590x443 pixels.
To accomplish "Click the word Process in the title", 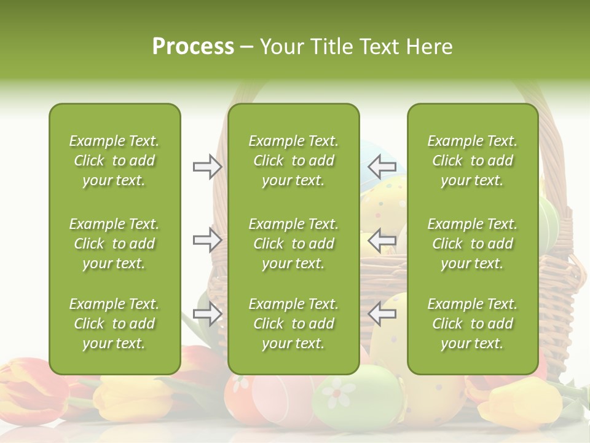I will (x=193, y=47).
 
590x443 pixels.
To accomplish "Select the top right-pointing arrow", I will (x=207, y=166).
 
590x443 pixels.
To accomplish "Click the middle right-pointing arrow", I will (x=207, y=239).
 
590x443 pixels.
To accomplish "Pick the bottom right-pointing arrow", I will (x=207, y=314).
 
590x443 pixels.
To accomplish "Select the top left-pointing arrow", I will (x=382, y=166).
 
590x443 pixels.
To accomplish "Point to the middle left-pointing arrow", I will (x=382, y=239).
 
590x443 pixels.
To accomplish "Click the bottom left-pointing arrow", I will (x=382, y=314).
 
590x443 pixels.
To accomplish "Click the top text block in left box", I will (x=114, y=161).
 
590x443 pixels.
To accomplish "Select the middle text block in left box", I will (x=114, y=244).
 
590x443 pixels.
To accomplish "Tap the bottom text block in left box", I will (x=114, y=324).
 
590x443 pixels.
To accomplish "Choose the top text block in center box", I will (x=293, y=161).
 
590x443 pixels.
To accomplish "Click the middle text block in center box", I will (x=293, y=244).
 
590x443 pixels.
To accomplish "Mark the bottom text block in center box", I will (x=293, y=324).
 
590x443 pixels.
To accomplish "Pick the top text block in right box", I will (x=472, y=161).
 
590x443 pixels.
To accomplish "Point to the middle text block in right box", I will (x=472, y=244).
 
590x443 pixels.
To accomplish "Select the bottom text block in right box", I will (x=472, y=324).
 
